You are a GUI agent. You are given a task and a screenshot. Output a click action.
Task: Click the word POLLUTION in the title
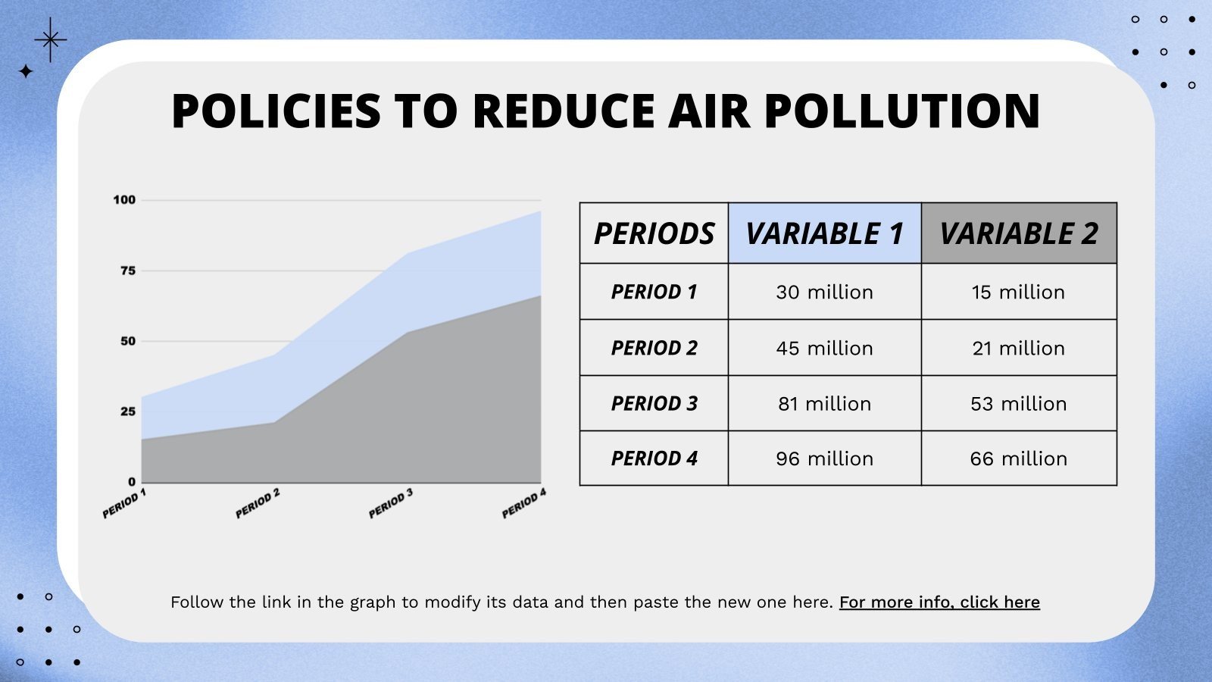pos(901,111)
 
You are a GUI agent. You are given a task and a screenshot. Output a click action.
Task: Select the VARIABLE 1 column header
pos(824,233)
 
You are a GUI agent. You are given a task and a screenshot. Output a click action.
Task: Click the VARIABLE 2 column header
pos(1019,233)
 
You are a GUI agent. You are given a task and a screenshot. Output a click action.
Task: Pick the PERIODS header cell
pos(654,233)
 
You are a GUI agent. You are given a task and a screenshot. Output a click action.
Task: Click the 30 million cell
pos(824,292)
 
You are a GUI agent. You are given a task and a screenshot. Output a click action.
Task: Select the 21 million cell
pos(1019,348)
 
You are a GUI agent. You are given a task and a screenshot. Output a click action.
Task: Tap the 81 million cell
pos(824,403)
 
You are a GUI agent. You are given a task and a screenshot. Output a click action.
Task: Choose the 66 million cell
pos(1019,458)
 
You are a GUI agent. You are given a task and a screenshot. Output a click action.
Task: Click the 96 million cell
pos(824,458)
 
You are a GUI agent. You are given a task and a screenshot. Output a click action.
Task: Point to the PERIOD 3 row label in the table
pos(654,403)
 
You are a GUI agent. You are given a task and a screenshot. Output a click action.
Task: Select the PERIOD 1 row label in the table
pos(654,292)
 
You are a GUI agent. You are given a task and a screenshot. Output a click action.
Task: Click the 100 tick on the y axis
pos(124,200)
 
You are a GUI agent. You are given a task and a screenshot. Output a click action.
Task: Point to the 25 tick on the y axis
pos(128,411)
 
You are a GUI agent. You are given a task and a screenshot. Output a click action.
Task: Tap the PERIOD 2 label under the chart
pos(258,504)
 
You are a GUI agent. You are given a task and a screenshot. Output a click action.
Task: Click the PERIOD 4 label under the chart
pos(524,504)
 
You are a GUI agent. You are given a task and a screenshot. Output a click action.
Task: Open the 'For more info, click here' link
pos(939,602)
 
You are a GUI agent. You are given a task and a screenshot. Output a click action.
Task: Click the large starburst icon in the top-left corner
pos(51,39)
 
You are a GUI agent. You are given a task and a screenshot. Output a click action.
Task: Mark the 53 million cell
pos(1019,403)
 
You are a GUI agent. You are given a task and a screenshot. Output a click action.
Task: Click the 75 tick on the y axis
pos(128,271)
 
